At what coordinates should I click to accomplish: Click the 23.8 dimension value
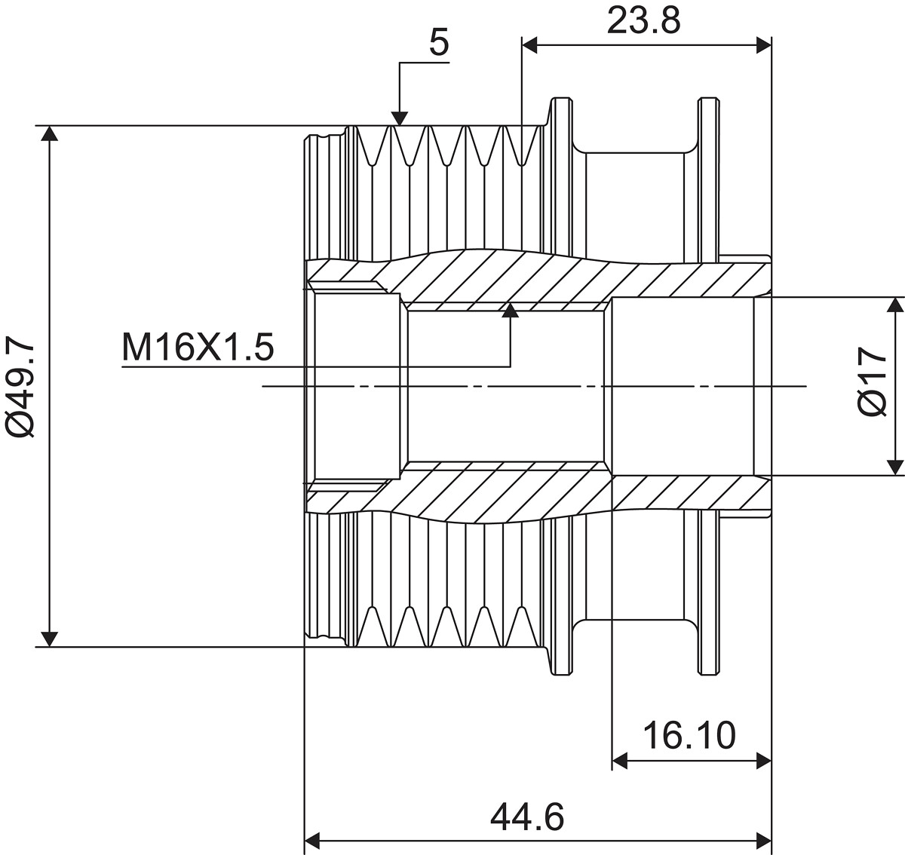pos(643,21)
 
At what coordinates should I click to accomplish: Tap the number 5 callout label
pos(439,43)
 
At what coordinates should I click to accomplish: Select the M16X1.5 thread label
pos(198,348)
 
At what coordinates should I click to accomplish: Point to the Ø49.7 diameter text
pos(20,385)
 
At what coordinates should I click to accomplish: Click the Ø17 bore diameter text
pos(873,382)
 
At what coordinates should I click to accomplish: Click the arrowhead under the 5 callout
pos(400,118)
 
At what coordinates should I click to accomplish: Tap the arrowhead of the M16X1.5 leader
pos(511,311)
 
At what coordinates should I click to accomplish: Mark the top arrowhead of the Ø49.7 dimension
pos(49,133)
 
